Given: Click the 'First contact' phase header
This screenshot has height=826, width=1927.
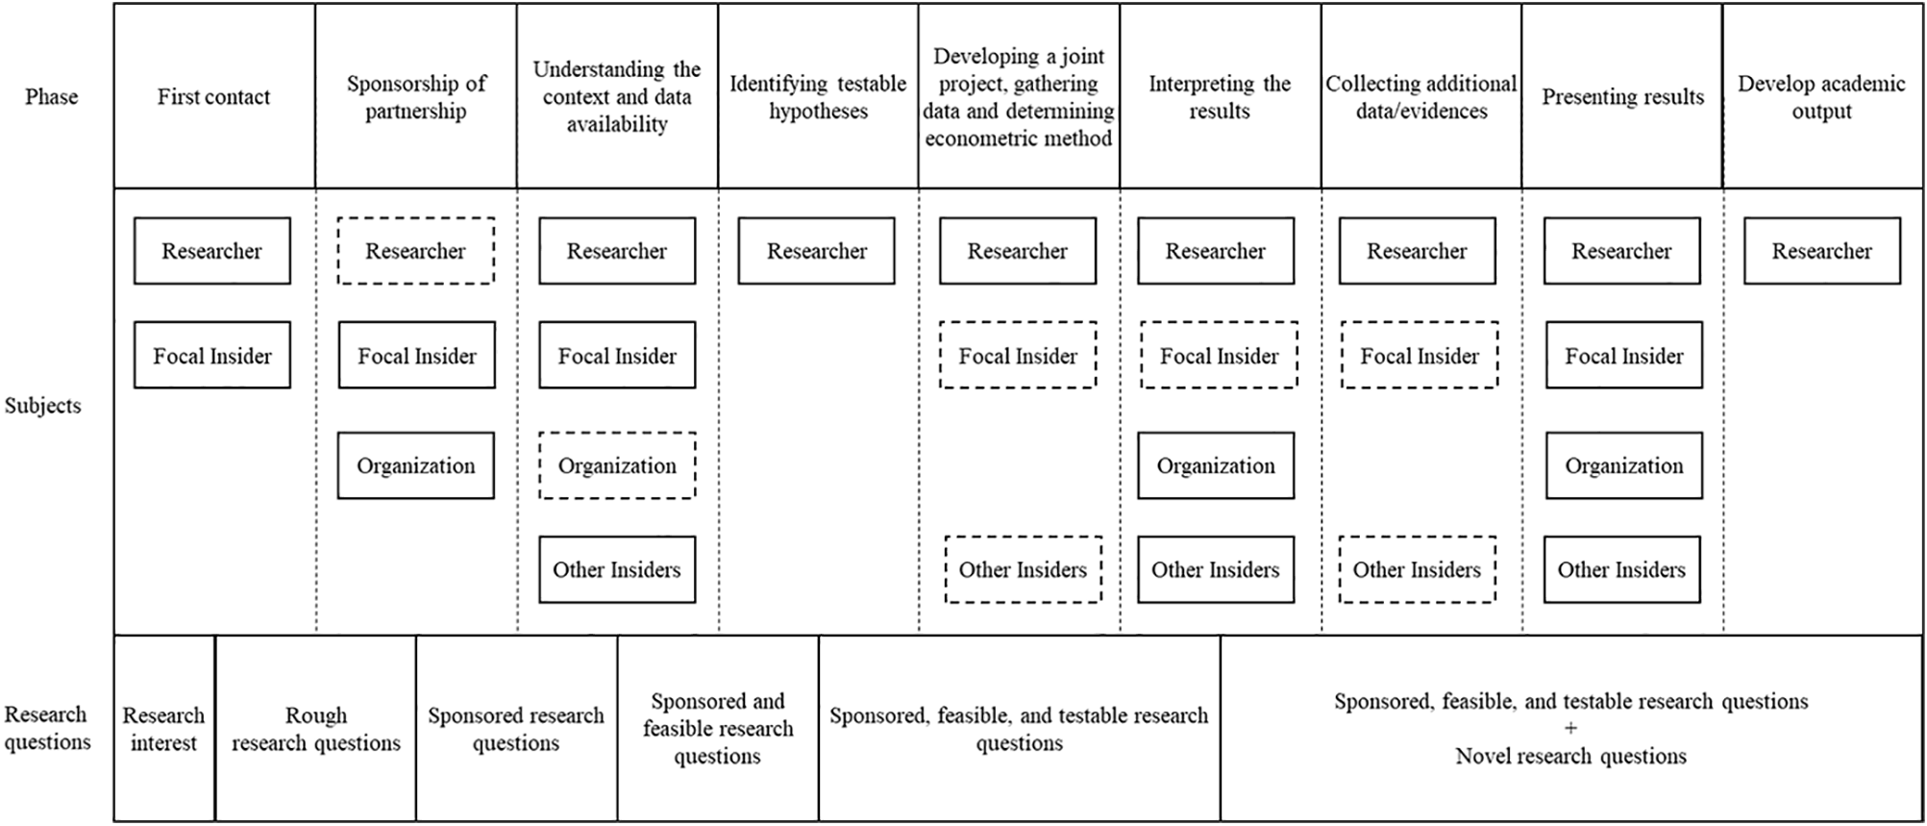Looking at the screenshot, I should click(213, 97).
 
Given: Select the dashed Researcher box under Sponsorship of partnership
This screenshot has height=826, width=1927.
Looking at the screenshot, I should click(415, 251).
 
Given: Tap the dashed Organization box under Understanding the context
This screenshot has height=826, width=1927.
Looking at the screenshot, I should click(616, 466).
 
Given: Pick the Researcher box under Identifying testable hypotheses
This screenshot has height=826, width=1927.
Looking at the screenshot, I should click(816, 251).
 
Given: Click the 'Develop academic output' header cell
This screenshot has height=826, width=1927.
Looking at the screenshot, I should click(1820, 97).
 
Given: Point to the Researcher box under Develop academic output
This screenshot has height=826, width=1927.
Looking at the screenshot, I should click(1821, 251).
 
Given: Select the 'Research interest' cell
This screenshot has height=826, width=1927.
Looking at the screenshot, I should click(163, 729).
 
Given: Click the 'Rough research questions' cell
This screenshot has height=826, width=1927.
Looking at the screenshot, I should click(315, 729).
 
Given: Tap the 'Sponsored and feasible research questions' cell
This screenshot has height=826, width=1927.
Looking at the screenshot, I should click(717, 729).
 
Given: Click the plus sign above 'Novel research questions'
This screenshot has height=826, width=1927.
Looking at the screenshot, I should click(1570, 729).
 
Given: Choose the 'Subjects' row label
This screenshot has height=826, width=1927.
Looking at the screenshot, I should click(42, 406).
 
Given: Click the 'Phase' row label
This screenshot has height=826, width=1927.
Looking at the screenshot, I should click(51, 97).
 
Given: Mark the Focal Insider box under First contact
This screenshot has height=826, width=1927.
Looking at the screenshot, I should click(211, 356).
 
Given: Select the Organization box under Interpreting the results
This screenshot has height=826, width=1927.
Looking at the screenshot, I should click(1215, 466).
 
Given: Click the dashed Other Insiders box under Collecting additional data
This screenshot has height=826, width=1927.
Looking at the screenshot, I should click(1417, 570).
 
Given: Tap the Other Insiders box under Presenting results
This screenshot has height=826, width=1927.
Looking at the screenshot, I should click(1621, 570).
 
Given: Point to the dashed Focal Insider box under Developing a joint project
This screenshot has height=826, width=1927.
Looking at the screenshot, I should click(1017, 356).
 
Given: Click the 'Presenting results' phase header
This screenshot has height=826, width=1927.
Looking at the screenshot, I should click(1622, 97).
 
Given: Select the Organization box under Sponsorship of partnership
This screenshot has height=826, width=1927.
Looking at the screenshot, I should click(415, 466).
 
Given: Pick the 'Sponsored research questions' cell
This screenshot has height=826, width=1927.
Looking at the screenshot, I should click(516, 729).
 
